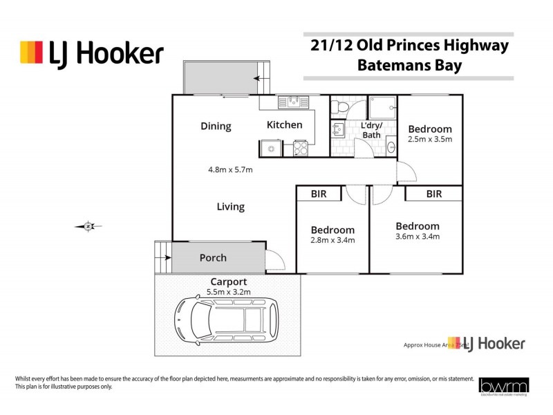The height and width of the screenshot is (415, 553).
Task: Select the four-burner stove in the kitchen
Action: (301, 147)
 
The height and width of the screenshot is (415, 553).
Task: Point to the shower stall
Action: (382, 108)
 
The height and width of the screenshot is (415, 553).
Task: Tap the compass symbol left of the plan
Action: (88, 225)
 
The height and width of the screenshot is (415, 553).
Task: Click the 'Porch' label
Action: (213, 258)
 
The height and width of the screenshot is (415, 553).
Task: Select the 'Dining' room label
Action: (216, 126)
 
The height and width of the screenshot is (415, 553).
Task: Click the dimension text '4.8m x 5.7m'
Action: (231, 169)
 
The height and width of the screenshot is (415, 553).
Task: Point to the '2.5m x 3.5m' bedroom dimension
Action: (429, 139)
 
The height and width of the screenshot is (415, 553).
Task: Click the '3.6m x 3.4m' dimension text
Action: (418, 237)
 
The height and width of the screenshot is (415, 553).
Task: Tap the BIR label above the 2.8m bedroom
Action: (319, 194)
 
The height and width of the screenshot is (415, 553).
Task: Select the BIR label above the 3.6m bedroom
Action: (433, 194)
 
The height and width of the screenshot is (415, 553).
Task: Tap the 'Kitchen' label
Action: (285, 125)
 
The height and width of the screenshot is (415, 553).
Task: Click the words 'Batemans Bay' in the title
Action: (409, 66)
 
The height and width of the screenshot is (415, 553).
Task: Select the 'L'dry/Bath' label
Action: (372, 130)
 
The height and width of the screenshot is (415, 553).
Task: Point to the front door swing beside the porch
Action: (275, 259)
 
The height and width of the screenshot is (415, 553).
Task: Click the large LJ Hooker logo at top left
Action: (92, 53)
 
